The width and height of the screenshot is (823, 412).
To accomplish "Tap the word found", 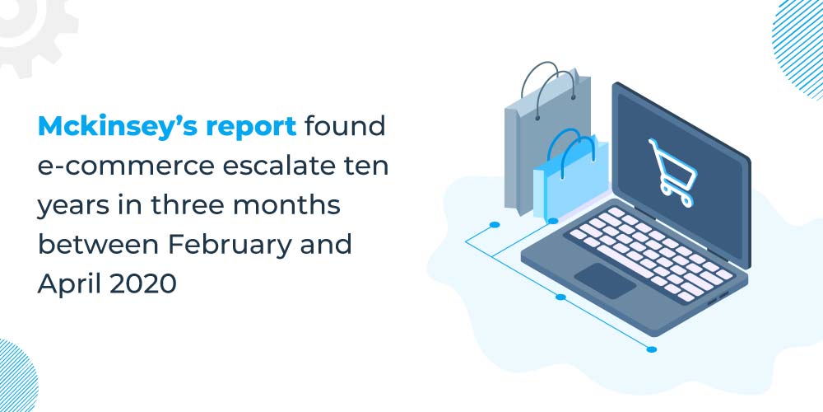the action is pos(345,126).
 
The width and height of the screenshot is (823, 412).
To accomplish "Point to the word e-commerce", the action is pos(126,166).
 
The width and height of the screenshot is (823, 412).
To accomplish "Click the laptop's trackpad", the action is pos(605,281).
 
